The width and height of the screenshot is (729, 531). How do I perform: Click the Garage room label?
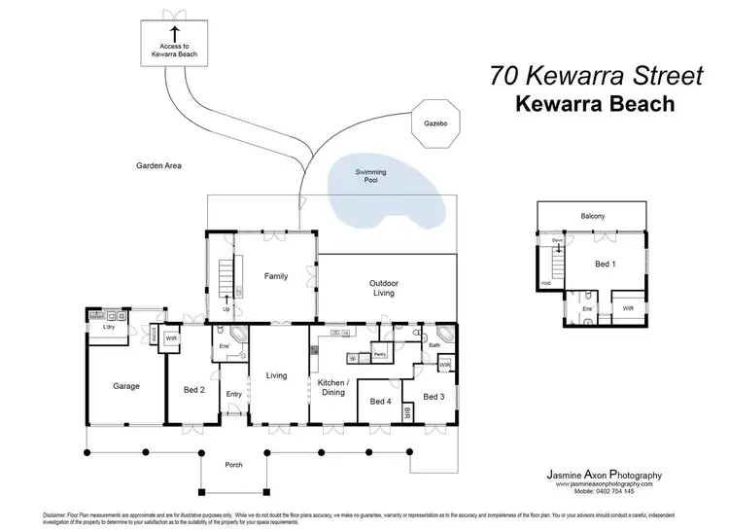point(125,386)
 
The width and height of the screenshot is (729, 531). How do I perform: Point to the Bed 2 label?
point(194,390)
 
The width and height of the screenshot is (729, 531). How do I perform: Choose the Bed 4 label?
point(381,401)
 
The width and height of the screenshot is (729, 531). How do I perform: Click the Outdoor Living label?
point(384,288)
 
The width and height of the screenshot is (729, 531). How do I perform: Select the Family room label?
point(276,277)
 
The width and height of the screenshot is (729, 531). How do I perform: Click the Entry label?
point(233,394)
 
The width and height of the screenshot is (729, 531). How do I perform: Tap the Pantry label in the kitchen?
point(381,356)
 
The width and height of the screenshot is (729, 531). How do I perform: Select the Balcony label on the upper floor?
point(593,215)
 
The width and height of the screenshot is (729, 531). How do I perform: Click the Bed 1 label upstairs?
point(606,264)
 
